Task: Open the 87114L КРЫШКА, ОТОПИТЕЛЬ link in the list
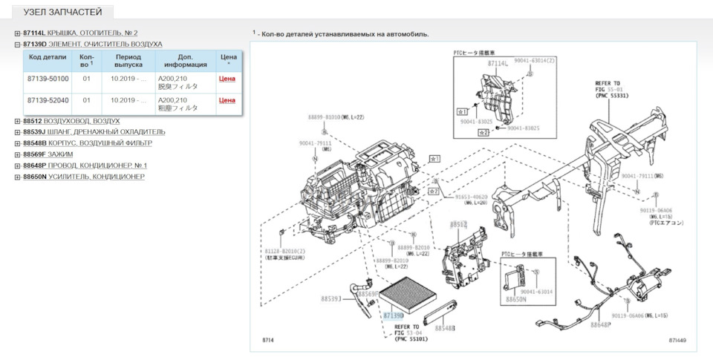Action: pos(80,33)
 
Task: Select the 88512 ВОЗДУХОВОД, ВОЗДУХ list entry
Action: pos(71,121)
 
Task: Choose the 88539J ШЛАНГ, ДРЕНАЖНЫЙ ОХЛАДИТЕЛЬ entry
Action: pos(94,132)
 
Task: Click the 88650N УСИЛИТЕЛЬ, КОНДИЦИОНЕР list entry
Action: pos(84,177)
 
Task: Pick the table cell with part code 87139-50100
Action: pos(48,79)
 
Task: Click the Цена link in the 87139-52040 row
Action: pos(227,100)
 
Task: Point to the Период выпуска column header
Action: pos(128,61)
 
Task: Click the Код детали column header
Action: pos(48,56)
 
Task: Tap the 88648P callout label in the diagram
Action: pos(601,324)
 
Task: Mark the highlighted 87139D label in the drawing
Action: pos(394,315)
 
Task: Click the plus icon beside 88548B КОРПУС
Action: pos(17,143)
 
